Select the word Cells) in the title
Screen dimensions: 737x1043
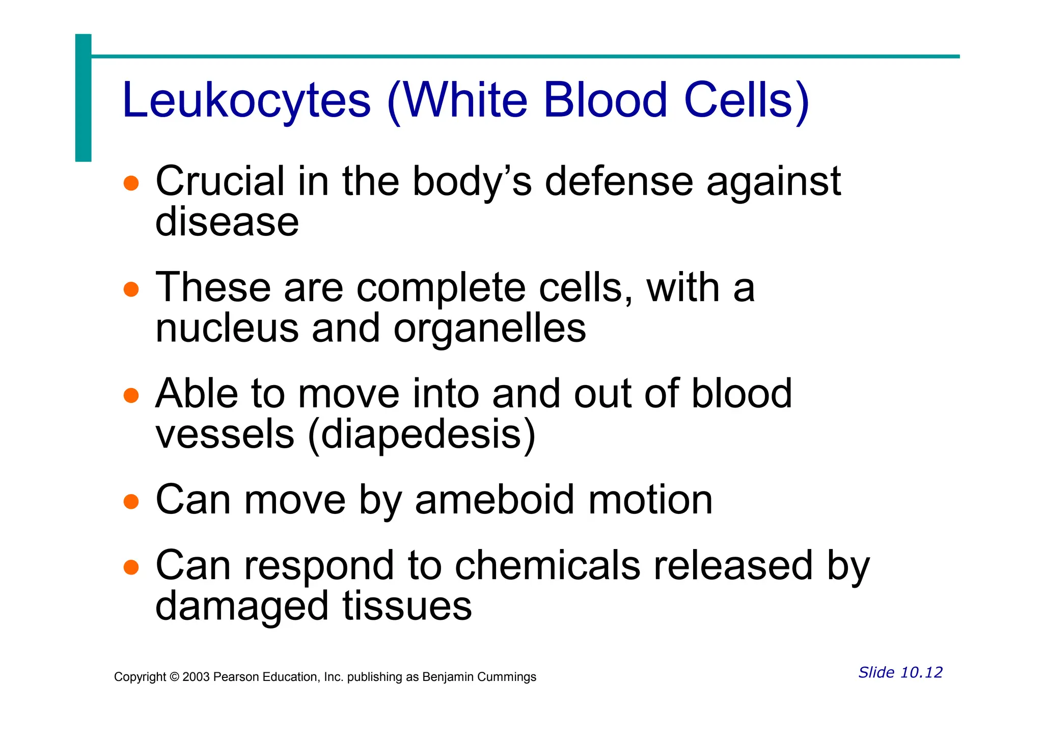(x=746, y=100)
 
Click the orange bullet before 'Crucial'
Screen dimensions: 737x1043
(x=131, y=183)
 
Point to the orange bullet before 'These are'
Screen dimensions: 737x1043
(x=131, y=289)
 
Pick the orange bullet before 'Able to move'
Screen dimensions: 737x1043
(x=131, y=395)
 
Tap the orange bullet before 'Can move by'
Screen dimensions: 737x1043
(x=131, y=501)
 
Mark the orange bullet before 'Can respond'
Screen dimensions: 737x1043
(x=131, y=567)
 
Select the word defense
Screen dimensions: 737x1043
(x=619, y=182)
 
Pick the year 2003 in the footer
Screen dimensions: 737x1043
(x=196, y=677)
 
